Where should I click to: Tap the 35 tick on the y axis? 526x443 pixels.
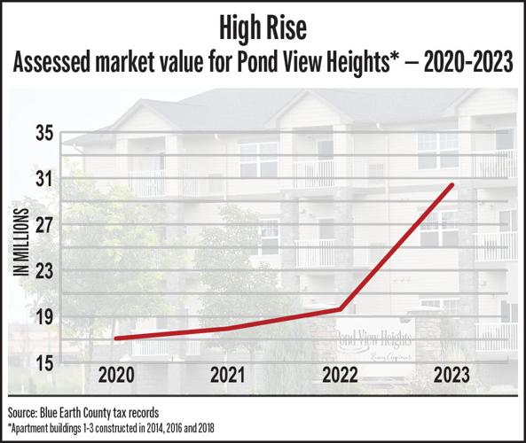point(44,134)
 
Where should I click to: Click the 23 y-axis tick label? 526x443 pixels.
point(44,272)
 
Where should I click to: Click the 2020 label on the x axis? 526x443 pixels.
point(117,374)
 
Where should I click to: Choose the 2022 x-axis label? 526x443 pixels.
point(341,374)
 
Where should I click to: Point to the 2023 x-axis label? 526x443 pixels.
point(452,374)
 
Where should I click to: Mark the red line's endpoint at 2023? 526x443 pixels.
point(452,184)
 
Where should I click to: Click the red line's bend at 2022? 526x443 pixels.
point(341,309)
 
